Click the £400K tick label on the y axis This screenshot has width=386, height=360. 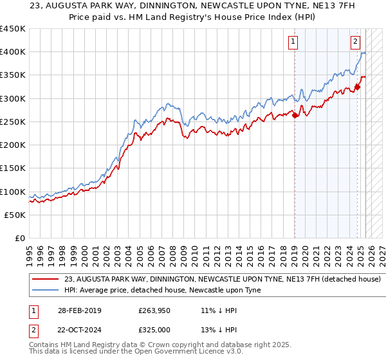13,52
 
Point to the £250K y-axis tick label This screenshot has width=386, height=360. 13,122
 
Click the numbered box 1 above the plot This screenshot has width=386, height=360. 293,42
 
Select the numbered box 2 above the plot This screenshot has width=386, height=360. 355,42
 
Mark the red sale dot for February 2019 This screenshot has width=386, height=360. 295,115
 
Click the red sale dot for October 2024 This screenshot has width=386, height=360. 357,87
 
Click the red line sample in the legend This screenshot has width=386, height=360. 46,280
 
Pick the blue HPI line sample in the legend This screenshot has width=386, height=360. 46,291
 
